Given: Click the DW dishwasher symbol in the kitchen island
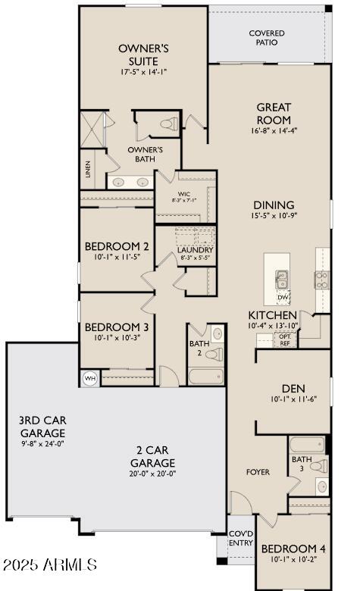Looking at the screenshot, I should pyautogui.click(x=282, y=296).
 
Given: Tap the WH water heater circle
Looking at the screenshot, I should pyautogui.click(x=90, y=378).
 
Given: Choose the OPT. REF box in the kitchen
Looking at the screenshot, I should pyautogui.click(x=285, y=340).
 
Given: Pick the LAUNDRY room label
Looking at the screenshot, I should pyautogui.click(x=195, y=249).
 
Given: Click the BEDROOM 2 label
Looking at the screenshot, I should pyautogui.click(x=116, y=246).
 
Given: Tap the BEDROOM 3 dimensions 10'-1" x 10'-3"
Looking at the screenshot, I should pyautogui.click(x=116, y=338).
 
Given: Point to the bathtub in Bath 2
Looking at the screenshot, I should pyautogui.click(x=205, y=377).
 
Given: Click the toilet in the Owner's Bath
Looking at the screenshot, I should pyautogui.click(x=168, y=123).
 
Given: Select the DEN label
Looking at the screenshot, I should pyautogui.click(x=293, y=388).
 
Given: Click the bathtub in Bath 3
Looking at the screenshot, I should pyautogui.click(x=307, y=444).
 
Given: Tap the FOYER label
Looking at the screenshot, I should pyautogui.click(x=258, y=472).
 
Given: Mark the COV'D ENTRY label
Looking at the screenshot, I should pyautogui.click(x=241, y=538).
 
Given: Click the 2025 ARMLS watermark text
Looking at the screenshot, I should pyautogui.click(x=49, y=565).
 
